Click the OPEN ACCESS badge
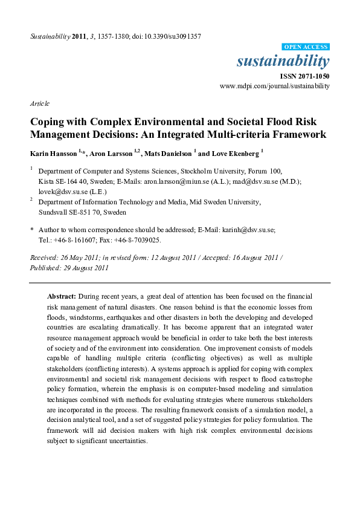[x=306, y=47]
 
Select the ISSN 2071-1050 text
[x=304, y=76]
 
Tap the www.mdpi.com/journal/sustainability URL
[x=275, y=86]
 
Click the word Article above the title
[x=39, y=103]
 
